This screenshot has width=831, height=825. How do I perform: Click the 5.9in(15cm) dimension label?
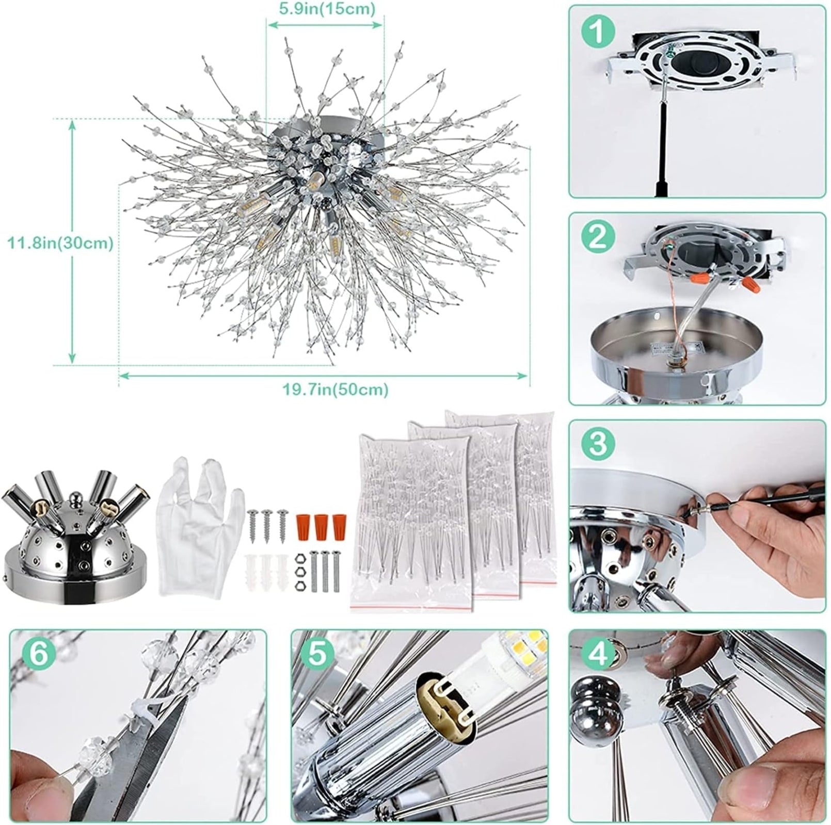(327, 9)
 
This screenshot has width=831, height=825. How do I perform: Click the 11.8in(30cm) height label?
(60, 242)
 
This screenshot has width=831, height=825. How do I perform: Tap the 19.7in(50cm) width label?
(334, 389)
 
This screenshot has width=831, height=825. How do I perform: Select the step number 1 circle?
(598, 31)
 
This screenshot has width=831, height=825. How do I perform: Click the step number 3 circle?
(598, 443)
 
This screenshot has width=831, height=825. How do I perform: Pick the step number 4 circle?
(598, 653)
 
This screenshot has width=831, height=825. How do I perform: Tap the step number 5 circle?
(316, 653)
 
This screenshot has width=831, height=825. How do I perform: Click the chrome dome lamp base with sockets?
(75, 537)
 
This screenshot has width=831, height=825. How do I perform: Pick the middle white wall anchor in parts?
(266, 568)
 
